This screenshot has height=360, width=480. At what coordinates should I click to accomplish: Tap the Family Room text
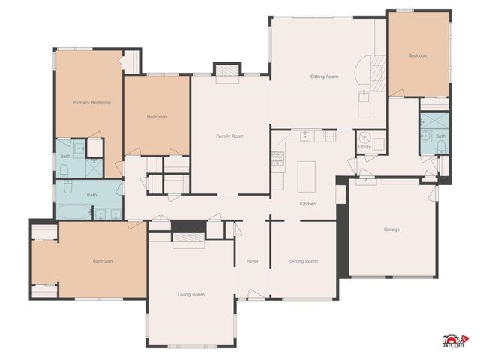(x=230, y=136)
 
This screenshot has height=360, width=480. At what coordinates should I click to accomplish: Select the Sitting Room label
(x=325, y=76)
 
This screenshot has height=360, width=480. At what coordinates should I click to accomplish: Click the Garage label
(x=391, y=229)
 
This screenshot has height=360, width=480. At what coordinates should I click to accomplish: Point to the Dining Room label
(x=304, y=261)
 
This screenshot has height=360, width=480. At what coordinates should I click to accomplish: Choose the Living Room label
(x=190, y=295)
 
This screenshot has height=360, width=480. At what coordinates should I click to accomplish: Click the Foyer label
(x=253, y=261)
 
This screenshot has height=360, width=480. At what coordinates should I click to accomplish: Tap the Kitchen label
(x=308, y=204)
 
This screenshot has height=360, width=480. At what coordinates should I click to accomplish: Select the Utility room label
(x=365, y=148)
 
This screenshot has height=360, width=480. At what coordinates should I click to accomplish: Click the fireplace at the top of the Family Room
(x=226, y=70)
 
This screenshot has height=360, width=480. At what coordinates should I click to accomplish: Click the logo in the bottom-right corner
(x=455, y=341)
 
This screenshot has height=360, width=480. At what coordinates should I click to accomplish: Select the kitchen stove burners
(x=277, y=158)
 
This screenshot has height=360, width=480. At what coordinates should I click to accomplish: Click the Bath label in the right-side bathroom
(x=440, y=136)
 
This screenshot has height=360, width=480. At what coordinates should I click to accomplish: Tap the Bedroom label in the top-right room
(x=418, y=56)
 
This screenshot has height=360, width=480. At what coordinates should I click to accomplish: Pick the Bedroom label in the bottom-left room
(x=102, y=261)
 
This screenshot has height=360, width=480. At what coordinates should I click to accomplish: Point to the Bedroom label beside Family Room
(x=156, y=117)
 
